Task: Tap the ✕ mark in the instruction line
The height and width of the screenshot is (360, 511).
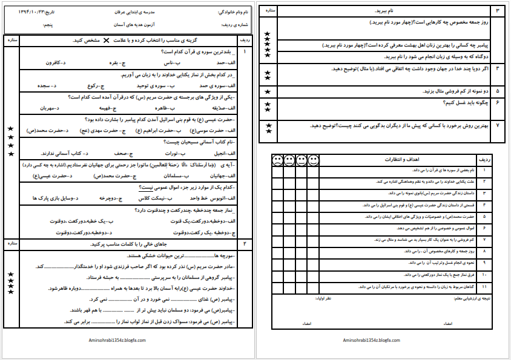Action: point(107,41)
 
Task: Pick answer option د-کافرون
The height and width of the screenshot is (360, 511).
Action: point(58,62)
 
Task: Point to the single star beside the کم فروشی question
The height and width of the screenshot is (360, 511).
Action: point(268,91)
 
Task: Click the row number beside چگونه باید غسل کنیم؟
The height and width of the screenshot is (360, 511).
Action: point(496,103)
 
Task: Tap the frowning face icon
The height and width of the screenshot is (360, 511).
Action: point(276,160)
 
